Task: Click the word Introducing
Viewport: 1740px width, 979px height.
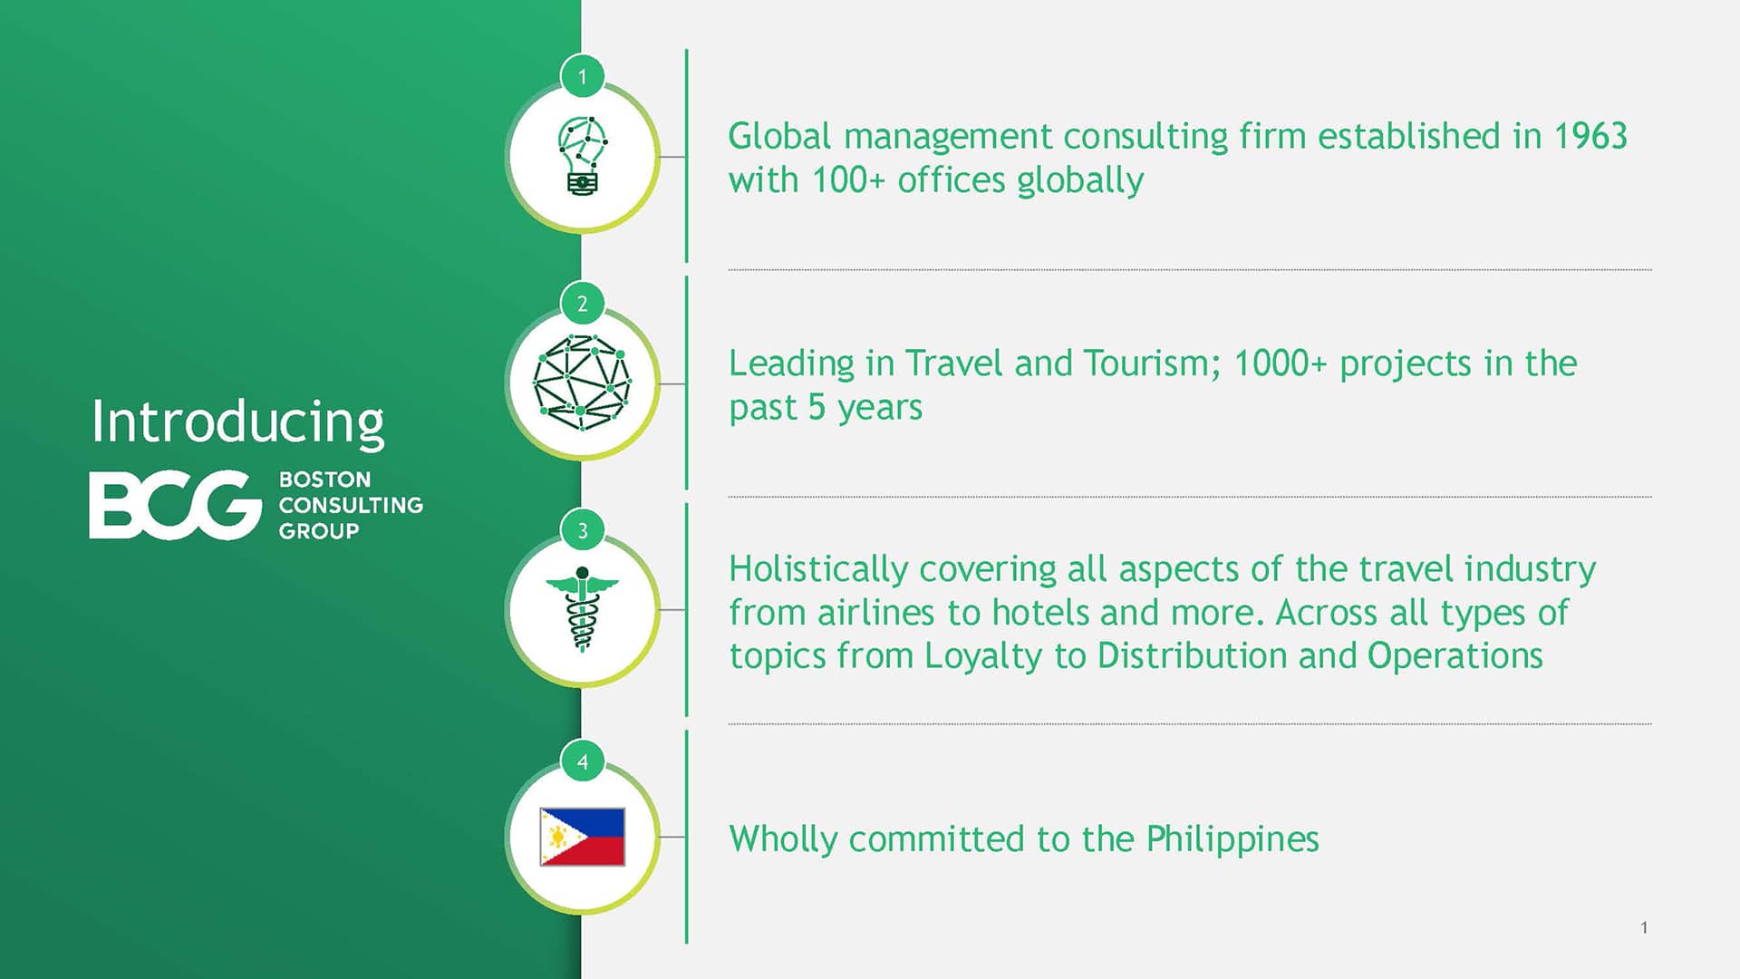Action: click(x=237, y=423)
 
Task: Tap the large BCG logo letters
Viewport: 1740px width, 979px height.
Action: click(x=175, y=505)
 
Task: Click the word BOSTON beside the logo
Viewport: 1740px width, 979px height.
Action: click(x=324, y=480)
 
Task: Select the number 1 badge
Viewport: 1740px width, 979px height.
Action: click(x=583, y=77)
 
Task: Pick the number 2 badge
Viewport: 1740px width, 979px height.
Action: click(x=583, y=304)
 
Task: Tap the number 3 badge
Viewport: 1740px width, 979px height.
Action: click(x=583, y=530)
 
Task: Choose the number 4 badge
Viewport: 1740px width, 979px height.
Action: click(x=583, y=761)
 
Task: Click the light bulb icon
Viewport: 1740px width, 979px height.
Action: click(x=582, y=156)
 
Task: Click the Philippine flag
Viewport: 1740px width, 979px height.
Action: click(x=582, y=837)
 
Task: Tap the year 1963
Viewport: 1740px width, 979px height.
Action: click(x=1590, y=136)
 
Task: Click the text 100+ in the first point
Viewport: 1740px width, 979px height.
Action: click(x=847, y=180)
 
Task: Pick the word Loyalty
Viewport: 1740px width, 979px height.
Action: click(x=982, y=656)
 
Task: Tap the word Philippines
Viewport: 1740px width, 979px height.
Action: click(x=1232, y=839)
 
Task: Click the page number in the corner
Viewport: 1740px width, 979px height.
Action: click(x=1644, y=927)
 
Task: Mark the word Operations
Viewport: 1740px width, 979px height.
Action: click(x=1455, y=656)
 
